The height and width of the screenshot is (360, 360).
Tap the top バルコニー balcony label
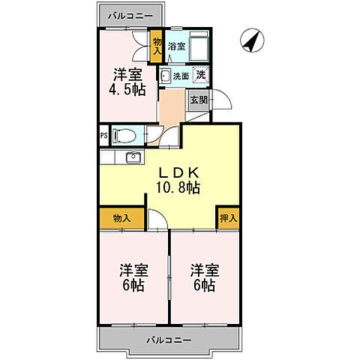click(129, 15)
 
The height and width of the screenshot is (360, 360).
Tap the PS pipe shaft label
click(103, 136)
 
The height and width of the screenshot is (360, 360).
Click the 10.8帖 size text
click(177, 188)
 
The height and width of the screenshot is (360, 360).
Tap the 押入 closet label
click(228, 218)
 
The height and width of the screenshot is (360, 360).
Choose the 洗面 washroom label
click(181, 76)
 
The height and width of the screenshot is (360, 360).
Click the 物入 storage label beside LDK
click(122, 218)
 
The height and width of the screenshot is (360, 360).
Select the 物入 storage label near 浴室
click(157, 46)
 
